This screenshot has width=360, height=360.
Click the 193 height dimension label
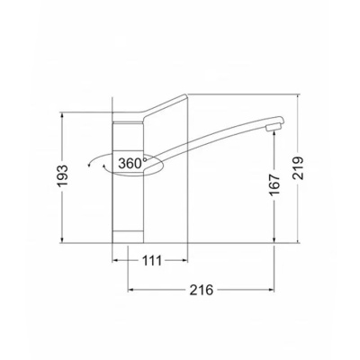click(63, 175)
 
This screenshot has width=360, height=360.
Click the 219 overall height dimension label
click(299, 168)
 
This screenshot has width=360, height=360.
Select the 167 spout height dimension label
click(274, 184)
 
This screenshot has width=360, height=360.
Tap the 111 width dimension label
click(152, 261)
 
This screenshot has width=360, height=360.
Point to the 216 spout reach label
click(202, 290)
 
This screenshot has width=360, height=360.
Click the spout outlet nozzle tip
click(272, 128)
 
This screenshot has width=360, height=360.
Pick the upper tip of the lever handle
click(185, 95)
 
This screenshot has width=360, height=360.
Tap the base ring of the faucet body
click(128, 237)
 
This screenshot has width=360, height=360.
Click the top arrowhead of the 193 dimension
click(62, 115)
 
